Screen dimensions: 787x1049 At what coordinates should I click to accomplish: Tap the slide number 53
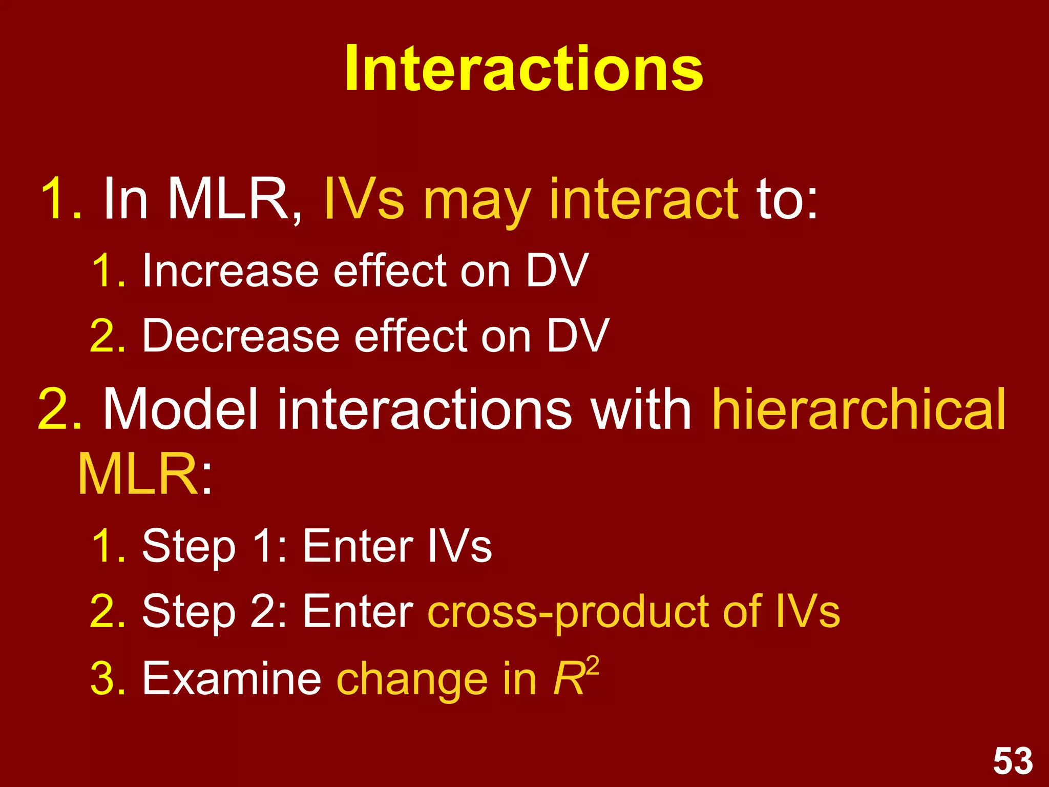[1013, 761]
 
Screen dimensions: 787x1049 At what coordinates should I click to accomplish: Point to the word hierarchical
[858, 410]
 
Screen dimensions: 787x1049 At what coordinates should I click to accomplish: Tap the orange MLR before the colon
[137, 474]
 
